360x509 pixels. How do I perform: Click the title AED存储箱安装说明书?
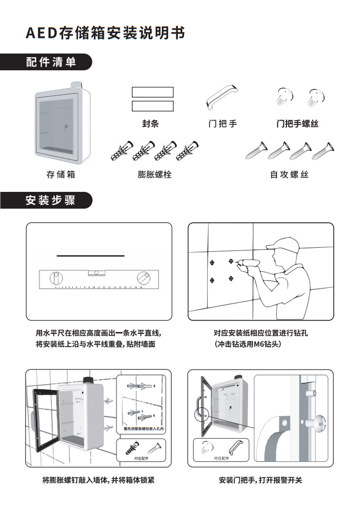tap(105, 33)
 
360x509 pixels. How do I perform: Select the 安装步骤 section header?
tap(51, 200)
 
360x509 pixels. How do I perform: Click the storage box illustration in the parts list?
tap(64, 124)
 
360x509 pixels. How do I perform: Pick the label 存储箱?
tap(61, 174)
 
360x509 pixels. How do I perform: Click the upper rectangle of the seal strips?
tap(153, 92)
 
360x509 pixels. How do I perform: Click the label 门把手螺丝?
tap(297, 124)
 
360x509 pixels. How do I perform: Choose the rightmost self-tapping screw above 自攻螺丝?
tap(322, 151)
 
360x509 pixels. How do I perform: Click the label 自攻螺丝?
tap(289, 174)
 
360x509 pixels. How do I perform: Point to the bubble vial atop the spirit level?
tap(96, 273)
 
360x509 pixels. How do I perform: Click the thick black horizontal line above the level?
tap(90, 256)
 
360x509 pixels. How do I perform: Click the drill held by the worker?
tap(245, 264)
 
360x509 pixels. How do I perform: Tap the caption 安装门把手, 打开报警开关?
tap(260, 480)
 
